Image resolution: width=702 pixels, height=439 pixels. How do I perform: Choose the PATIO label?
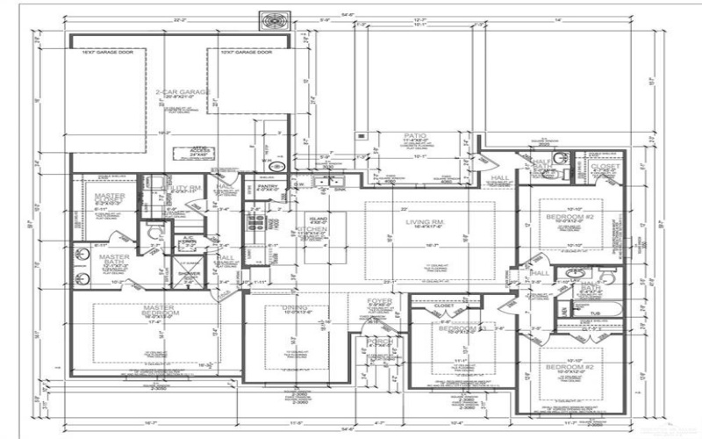[390, 134]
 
